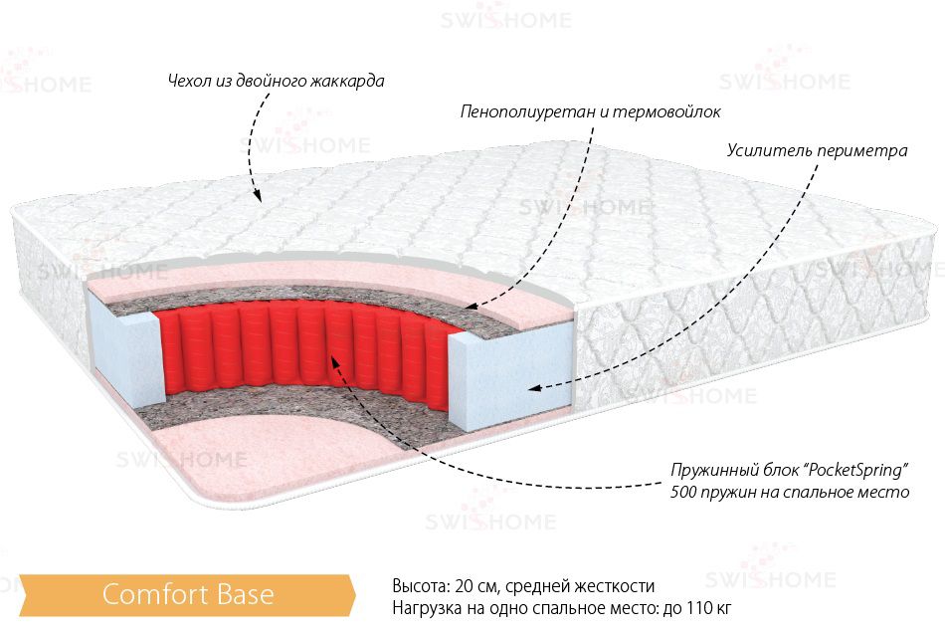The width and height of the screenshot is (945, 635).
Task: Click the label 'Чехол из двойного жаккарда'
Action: click(276, 81)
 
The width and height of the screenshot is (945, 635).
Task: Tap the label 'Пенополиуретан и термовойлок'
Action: click(590, 112)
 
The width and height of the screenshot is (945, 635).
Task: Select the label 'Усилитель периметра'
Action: click(817, 150)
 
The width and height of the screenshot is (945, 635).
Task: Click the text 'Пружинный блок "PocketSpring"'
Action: click(790, 469)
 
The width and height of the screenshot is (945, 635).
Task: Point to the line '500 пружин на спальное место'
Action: click(790, 492)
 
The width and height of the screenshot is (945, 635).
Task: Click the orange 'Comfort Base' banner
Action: click(187, 594)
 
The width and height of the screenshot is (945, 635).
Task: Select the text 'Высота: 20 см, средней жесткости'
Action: click(523, 585)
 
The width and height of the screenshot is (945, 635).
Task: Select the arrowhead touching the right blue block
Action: click(534, 388)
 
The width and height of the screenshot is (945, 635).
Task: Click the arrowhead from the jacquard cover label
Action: click(258, 195)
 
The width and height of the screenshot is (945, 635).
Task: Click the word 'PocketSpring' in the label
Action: click(855, 469)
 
